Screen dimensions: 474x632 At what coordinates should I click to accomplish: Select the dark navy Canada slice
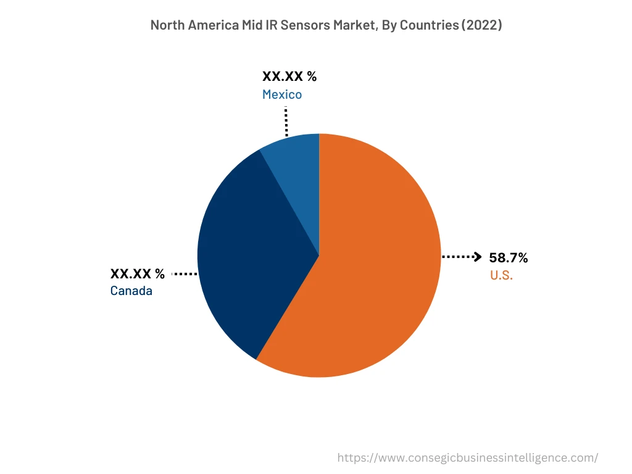[247, 253]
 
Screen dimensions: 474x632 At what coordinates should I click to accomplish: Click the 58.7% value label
[509, 257]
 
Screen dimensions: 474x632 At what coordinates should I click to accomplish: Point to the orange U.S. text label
[501, 275]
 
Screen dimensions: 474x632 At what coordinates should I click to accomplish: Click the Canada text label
[131, 291]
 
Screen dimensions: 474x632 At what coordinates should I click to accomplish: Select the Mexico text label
[282, 94]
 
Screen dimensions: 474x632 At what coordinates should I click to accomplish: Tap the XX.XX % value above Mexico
[289, 77]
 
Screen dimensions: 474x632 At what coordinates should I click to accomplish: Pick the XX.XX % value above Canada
[138, 273]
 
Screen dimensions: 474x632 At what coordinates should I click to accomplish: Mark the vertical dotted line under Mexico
[286, 120]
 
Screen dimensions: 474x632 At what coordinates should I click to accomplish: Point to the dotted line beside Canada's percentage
[185, 273]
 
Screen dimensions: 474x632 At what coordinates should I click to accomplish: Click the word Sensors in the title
[301, 25]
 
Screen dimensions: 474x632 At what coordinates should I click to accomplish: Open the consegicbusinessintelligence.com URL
[467, 457]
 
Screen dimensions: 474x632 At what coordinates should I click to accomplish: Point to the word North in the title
[167, 25]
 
